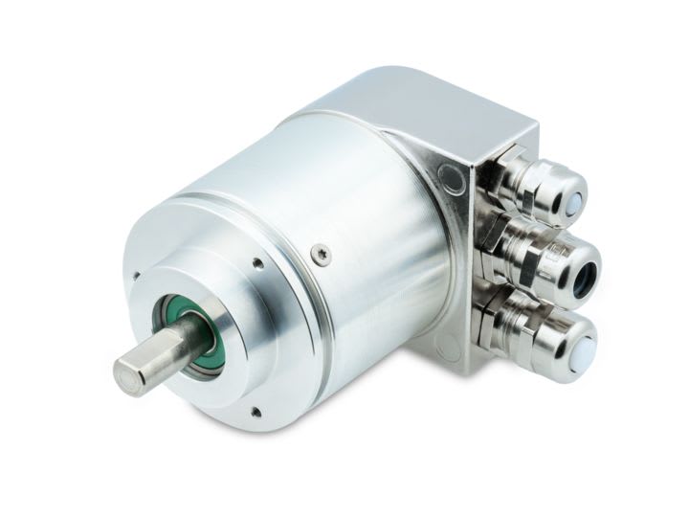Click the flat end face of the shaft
[x=130, y=375]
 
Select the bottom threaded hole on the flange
[x=255, y=412]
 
